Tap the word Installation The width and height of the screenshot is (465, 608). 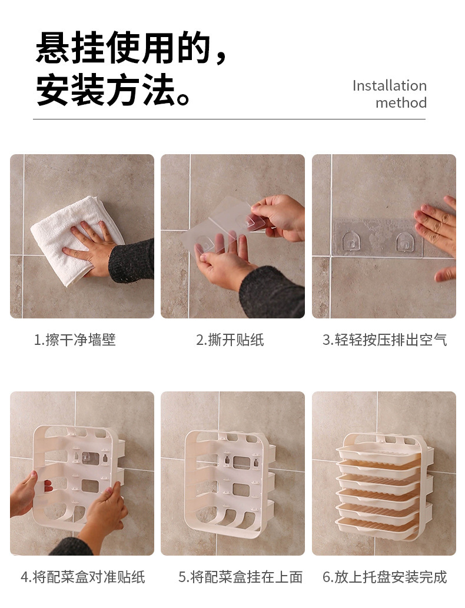(389, 85)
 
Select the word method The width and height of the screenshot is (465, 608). (401, 102)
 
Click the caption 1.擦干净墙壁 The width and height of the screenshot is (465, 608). (75, 340)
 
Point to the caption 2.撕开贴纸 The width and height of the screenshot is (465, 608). (230, 340)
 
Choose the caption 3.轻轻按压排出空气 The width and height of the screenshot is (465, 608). (384, 340)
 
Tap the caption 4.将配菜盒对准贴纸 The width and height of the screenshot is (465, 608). (83, 577)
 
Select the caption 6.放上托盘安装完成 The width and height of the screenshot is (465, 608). (384, 577)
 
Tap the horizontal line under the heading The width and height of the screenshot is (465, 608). (229, 119)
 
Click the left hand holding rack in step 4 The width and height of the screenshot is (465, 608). (24, 494)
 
